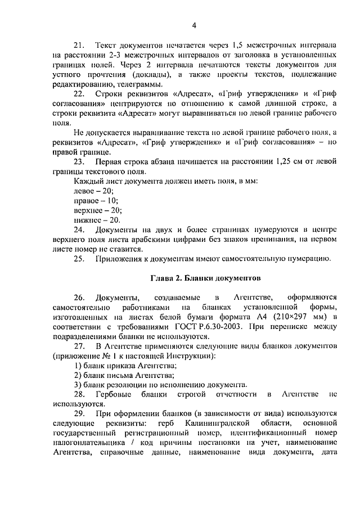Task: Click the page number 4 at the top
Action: tap(194, 25)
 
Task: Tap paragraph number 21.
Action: tap(79, 44)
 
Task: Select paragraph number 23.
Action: tap(79, 162)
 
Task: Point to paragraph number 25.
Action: tap(79, 259)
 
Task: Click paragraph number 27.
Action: tap(79, 346)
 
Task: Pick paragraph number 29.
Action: tap(79, 413)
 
